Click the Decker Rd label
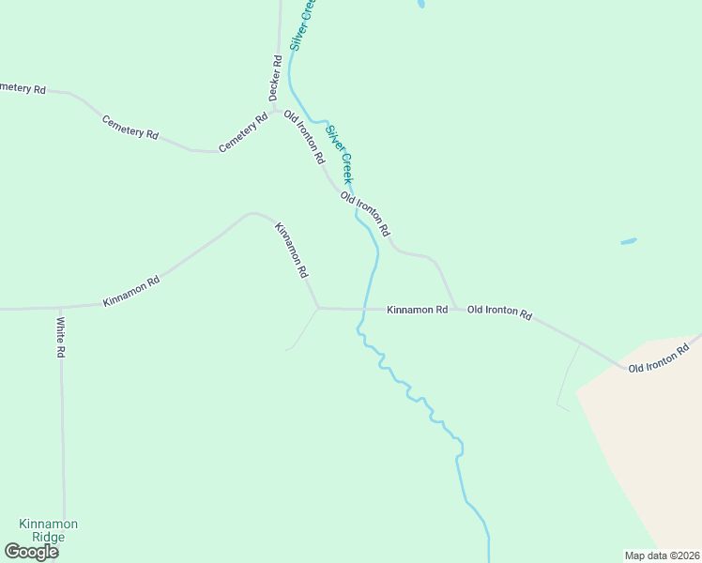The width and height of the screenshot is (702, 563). coord(275,78)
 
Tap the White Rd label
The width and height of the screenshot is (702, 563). coord(60,338)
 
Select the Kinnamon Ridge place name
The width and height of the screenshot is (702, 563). coord(49,530)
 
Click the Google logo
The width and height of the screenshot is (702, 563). coord(31,552)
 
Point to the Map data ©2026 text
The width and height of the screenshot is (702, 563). coord(662,555)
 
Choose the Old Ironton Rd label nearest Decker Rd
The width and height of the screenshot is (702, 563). coord(304,135)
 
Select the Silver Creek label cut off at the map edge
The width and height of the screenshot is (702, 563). coord(302,24)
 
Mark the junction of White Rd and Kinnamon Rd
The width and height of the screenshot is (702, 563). coord(60,307)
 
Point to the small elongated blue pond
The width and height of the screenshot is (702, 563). coord(628,241)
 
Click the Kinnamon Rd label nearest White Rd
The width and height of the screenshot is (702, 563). coord(131,290)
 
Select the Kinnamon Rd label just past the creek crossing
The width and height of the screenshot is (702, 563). coord(417,309)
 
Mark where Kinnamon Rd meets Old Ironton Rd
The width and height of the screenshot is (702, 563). coord(456,309)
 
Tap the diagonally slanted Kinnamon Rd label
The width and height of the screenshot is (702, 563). coord(291,250)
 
